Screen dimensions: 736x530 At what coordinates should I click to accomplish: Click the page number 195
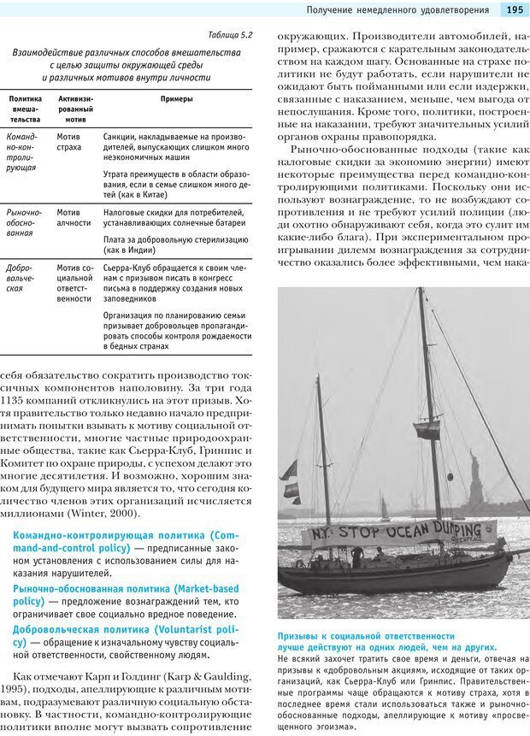coord(515,10)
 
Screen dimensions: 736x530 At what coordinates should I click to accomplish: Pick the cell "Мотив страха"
coord(69,142)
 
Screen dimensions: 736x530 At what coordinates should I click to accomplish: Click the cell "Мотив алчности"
coord(74,216)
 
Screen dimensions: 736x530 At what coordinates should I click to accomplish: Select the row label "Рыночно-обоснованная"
coord(23,221)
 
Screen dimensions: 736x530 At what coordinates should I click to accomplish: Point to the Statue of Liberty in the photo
coord(475,479)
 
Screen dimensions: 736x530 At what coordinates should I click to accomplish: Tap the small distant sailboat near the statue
coord(384,508)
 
